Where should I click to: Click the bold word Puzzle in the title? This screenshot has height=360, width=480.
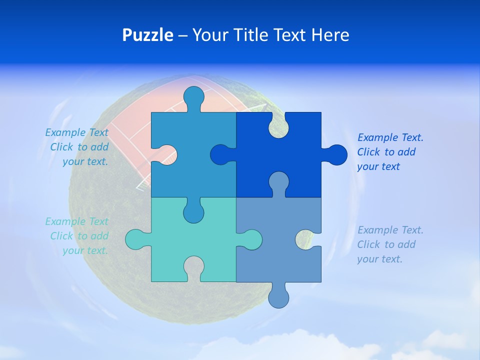tap(148, 35)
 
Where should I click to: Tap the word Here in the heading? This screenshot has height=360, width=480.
tap(330, 35)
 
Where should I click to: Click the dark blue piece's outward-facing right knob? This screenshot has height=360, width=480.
tap(336, 154)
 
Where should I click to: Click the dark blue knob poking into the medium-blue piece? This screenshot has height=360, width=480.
tap(221, 154)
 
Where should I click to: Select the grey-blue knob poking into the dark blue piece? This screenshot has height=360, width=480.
tap(278, 182)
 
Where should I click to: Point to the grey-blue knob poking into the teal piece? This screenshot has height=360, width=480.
tap(250, 239)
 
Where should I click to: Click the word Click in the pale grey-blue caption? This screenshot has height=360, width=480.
tap(369, 244)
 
